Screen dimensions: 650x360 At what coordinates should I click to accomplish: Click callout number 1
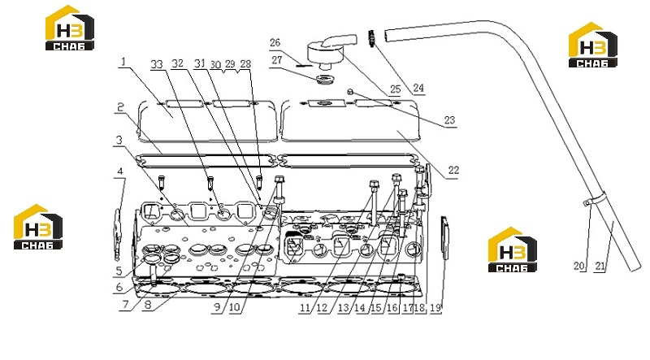(123, 63)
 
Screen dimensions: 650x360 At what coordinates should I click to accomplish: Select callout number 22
(453, 170)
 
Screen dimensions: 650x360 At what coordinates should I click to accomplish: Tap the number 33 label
(157, 64)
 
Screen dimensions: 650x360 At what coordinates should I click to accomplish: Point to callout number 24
(418, 88)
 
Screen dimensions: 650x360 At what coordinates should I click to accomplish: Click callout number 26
(275, 42)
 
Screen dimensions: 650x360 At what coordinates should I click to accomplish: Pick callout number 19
(435, 308)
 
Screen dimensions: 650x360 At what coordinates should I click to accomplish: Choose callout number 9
(218, 307)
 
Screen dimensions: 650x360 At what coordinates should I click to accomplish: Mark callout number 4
(120, 171)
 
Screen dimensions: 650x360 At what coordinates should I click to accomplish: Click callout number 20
(579, 266)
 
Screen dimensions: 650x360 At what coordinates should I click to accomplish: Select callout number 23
(450, 120)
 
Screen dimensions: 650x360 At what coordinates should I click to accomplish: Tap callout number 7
(126, 305)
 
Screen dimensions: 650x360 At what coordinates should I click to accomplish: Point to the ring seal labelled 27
(325, 79)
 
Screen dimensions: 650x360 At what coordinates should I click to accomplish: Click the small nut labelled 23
(350, 92)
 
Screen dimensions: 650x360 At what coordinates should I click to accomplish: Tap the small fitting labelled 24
(371, 38)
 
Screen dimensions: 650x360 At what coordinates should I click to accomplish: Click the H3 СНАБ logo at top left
(70, 28)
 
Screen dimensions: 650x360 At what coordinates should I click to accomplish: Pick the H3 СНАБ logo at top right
(593, 45)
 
